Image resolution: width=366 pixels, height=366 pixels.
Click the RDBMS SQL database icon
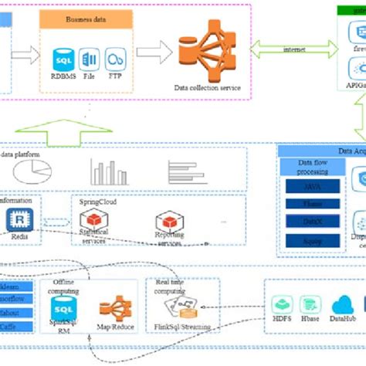[x=63, y=59]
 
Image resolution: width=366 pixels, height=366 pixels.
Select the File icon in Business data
[x=90, y=59]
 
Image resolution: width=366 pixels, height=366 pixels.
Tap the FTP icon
[x=116, y=59]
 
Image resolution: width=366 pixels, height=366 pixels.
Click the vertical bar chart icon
[x=107, y=171]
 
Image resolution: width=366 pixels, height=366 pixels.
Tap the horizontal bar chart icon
[x=185, y=171]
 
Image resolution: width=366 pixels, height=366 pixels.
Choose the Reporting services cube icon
[x=168, y=222]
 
